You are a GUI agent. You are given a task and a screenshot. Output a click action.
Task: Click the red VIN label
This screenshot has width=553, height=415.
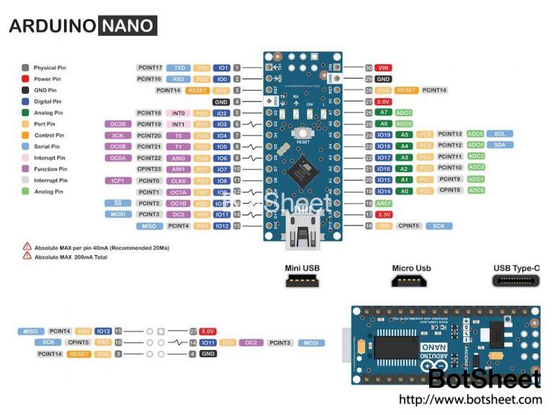click(x=383, y=67)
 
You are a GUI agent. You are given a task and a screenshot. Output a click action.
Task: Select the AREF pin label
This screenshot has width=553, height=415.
click(x=383, y=203)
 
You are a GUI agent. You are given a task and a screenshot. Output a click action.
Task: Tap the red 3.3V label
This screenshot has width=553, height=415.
click(x=383, y=215)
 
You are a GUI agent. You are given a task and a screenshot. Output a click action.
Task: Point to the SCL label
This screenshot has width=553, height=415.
click(x=499, y=134)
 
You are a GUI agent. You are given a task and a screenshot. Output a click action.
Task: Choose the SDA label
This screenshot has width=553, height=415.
click(x=499, y=146)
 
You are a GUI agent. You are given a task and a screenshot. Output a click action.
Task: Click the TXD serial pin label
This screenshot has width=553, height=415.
click(x=180, y=67)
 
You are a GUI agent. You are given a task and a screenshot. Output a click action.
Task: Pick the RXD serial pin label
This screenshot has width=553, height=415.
click(x=180, y=79)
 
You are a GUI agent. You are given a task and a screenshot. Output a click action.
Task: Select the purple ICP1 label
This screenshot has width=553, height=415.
click(x=117, y=181)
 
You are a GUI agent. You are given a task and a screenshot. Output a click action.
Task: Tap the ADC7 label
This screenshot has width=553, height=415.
click(x=404, y=112)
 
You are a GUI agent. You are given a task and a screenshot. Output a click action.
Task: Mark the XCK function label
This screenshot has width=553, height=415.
click(x=117, y=135)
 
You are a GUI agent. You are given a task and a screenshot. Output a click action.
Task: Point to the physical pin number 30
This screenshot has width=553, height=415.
click(x=368, y=67)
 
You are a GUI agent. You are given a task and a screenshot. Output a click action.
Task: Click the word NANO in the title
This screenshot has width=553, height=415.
click(x=127, y=27)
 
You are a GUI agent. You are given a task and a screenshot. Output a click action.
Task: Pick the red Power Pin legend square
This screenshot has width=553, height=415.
click(x=26, y=79)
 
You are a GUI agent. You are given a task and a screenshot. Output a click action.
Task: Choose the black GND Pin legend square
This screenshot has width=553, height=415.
click(x=26, y=90)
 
